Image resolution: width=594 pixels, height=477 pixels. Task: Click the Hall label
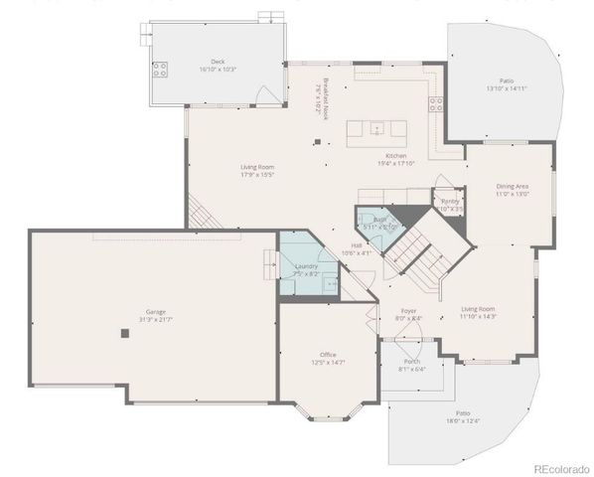(x=356, y=247)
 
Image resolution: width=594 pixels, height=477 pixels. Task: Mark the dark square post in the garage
(x=125, y=334)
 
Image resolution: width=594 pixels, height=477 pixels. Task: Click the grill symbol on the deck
(x=159, y=70)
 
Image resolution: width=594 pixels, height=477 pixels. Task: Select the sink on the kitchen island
(x=378, y=128)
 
